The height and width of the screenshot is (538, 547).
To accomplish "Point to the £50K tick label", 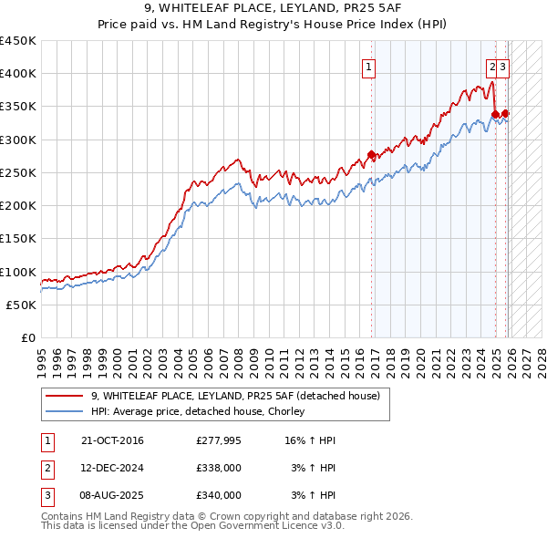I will tap(21, 305).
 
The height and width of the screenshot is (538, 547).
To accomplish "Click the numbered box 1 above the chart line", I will tap(369, 66).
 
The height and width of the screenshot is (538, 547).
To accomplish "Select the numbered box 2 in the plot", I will tap(492, 66).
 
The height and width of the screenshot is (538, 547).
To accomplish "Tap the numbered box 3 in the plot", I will tap(503, 66).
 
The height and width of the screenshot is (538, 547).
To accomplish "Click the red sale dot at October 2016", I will tap(371, 154).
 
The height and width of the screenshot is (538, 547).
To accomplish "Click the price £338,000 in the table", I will tap(219, 468).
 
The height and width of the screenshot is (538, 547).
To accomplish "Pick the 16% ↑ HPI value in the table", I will tap(310, 440).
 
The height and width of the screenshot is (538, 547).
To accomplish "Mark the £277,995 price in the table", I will tap(219, 440).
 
